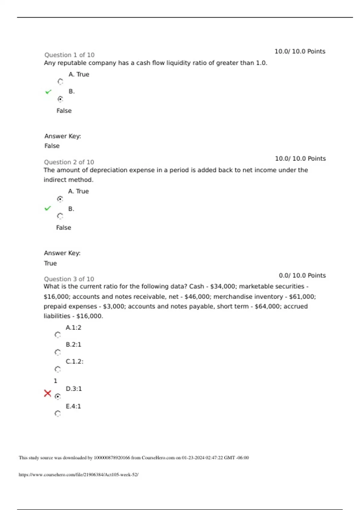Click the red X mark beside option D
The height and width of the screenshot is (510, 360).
(x=47, y=393)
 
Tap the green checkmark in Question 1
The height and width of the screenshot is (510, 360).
(x=48, y=91)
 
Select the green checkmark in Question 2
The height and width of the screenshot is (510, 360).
(x=48, y=208)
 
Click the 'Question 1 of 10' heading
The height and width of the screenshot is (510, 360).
(x=69, y=55)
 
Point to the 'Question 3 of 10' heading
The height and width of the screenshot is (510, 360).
(x=69, y=279)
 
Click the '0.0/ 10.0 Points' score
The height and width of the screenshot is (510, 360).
(x=302, y=275)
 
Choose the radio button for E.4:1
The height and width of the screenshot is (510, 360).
(x=58, y=413)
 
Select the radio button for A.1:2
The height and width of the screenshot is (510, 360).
(x=58, y=335)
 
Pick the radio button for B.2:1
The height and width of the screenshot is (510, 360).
(x=58, y=352)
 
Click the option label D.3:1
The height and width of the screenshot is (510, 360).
(x=74, y=389)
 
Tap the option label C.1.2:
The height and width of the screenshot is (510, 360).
(x=75, y=361)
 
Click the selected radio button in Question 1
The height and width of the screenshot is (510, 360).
(x=60, y=99)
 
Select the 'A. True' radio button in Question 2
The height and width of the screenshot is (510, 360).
(x=60, y=199)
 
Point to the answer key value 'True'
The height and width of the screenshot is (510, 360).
(x=50, y=263)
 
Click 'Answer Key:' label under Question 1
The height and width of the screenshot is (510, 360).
(x=63, y=136)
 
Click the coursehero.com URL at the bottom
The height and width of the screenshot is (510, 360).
(x=79, y=475)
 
